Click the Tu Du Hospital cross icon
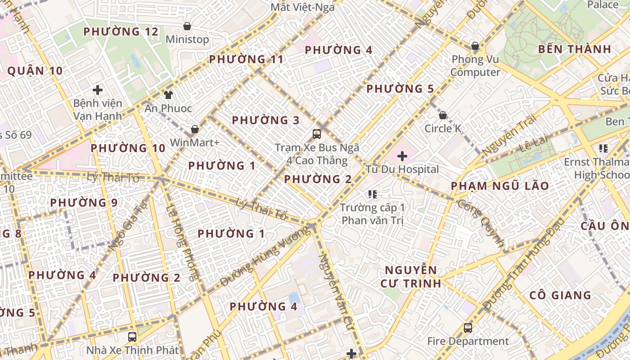(x=402, y=156)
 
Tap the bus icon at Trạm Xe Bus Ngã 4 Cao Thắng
(x=317, y=134)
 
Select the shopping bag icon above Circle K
(x=442, y=115)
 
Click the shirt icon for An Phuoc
(x=168, y=94)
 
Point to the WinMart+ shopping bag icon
(x=195, y=129)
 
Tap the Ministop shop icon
(x=187, y=26)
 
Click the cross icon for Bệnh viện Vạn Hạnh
(x=97, y=90)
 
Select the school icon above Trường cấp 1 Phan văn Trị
(x=372, y=194)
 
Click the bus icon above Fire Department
(x=468, y=328)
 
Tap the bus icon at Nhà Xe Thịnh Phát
(x=132, y=337)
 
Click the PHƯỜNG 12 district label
(x=121, y=32)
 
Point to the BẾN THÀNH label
(x=575, y=49)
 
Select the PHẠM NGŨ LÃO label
(x=499, y=186)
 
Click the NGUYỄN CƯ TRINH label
(x=410, y=276)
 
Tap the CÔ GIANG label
(x=560, y=295)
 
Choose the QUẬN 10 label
(x=35, y=71)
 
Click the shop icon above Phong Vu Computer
(x=475, y=46)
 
